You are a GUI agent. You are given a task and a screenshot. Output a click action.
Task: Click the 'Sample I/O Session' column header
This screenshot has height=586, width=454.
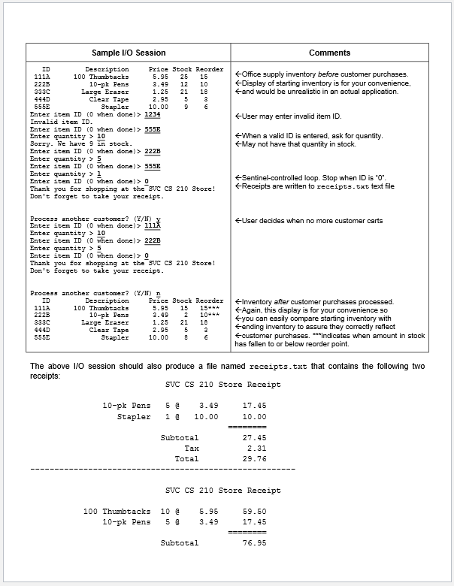tap(129, 53)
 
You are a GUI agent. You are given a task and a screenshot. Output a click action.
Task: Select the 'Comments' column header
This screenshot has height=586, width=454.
tap(329, 53)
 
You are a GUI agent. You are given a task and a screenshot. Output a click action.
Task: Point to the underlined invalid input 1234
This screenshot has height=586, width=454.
tap(153, 114)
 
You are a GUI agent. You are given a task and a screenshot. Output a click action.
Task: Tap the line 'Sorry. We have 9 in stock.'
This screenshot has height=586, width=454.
tap(80, 143)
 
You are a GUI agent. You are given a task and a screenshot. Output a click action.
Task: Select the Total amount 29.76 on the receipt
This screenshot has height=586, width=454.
tap(254, 458)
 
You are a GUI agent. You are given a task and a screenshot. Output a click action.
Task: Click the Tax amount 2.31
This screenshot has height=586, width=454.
tap(256, 448)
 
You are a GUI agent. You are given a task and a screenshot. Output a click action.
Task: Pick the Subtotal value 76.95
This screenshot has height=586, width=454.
tap(254, 542)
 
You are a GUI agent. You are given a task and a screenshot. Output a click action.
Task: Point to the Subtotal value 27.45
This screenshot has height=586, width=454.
tap(254, 437)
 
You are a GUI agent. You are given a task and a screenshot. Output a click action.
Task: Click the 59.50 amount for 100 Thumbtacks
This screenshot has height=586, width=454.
tap(254, 511)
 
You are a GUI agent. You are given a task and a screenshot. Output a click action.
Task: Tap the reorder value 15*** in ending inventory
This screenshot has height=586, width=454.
tap(208, 308)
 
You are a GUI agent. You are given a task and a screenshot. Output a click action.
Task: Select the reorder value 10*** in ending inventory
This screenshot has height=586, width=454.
tap(208, 316)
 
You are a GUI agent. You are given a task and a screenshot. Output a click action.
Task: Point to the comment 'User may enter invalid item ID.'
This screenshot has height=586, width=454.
tap(288, 116)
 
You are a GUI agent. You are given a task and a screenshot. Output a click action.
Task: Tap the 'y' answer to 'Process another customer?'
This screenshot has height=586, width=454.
tap(157, 219)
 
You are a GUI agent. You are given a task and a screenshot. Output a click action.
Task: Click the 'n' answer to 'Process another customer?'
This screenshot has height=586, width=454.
tap(157, 293)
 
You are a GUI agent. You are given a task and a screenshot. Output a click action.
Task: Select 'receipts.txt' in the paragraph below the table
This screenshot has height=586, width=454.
tap(278, 366)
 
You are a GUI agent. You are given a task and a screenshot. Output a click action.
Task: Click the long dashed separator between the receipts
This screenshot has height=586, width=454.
tap(162, 470)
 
